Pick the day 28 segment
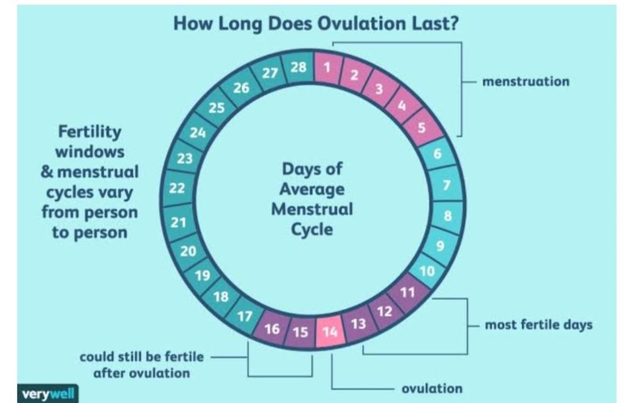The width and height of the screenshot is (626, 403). (x=299, y=68)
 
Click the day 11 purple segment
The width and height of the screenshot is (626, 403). (x=408, y=292)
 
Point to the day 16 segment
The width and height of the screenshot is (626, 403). (x=273, y=329)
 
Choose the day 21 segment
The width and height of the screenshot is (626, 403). (x=178, y=223)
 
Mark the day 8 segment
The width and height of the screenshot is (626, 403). (x=449, y=215)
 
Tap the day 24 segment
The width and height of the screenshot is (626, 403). (x=197, y=131)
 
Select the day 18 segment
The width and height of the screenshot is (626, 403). (x=221, y=297)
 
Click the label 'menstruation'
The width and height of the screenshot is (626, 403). (x=526, y=81)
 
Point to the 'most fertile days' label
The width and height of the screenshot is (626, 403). (x=538, y=324)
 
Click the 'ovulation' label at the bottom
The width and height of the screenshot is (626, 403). (x=432, y=388)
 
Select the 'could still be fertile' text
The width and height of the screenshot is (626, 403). (x=141, y=357)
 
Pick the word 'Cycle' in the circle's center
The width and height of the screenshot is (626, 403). (x=312, y=230)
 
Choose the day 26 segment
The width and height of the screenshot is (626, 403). (x=241, y=88)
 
